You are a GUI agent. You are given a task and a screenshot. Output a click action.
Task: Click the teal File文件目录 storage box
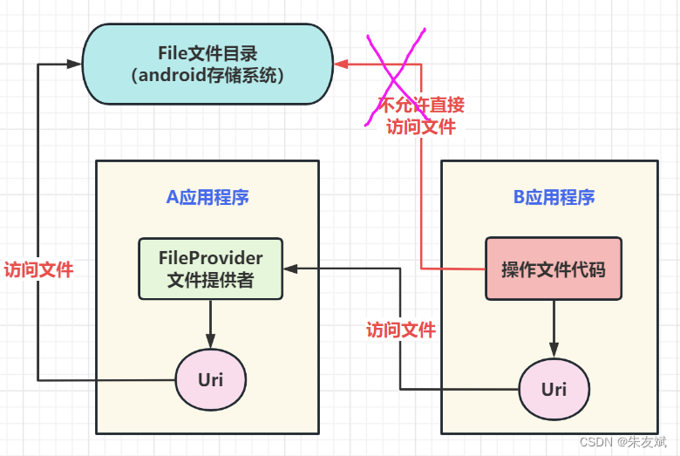[207, 65]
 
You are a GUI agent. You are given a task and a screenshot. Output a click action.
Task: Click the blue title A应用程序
[207, 197]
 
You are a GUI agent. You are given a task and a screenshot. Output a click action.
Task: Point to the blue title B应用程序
[554, 197]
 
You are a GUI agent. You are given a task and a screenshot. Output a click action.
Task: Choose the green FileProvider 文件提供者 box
[210, 269]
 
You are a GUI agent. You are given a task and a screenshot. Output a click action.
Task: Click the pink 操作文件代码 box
[553, 269]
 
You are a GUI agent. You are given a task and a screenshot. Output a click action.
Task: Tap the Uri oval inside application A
[210, 380]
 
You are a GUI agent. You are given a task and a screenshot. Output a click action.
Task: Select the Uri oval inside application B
[554, 389]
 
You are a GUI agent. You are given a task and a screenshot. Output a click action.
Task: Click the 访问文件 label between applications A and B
[400, 330]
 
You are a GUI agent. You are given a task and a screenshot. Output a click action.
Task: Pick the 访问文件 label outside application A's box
[38, 269]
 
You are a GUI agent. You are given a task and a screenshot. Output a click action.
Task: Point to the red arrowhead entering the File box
[342, 64]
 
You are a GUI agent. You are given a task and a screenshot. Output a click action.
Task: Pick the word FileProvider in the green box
[210, 258]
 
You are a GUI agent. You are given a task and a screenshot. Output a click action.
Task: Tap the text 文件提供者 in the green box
[210, 280]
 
